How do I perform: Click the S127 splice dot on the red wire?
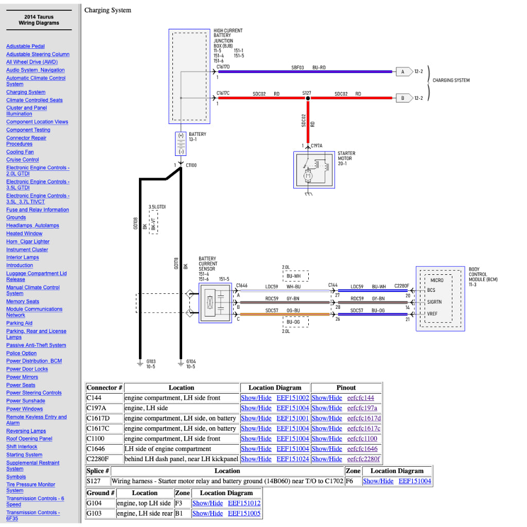[308, 97]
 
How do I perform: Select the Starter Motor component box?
[313, 170]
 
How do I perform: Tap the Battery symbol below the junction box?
[181, 144]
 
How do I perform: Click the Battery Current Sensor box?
[215, 303]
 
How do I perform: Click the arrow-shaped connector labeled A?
[403, 72]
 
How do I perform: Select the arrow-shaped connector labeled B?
[403, 97]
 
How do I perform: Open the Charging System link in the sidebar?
[26, 92]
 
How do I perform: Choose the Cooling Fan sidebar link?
[20, 152]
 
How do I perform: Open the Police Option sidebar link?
[22, 353]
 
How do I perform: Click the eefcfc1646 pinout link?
[362, 449]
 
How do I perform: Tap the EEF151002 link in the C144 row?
[293, 398]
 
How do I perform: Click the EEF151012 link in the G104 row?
[244, 503]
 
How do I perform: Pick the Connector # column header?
[104, 388]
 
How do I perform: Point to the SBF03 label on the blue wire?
[297, 67]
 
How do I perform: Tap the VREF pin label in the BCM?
[431, 313]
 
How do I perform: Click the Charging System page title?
[108, 10]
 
